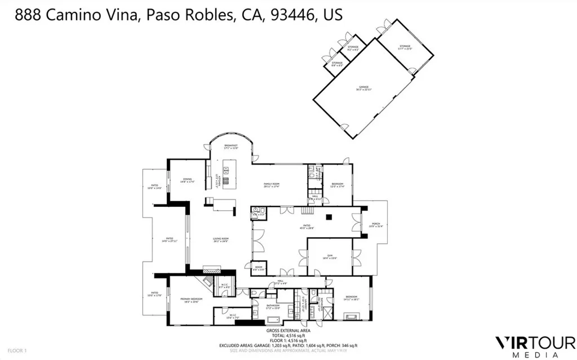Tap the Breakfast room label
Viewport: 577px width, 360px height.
tap(230, 147)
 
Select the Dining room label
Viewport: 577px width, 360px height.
tap(188, 181)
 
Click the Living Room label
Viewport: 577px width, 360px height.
tap(220, 240)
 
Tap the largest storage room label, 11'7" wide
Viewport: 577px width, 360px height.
tap(405, 47)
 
